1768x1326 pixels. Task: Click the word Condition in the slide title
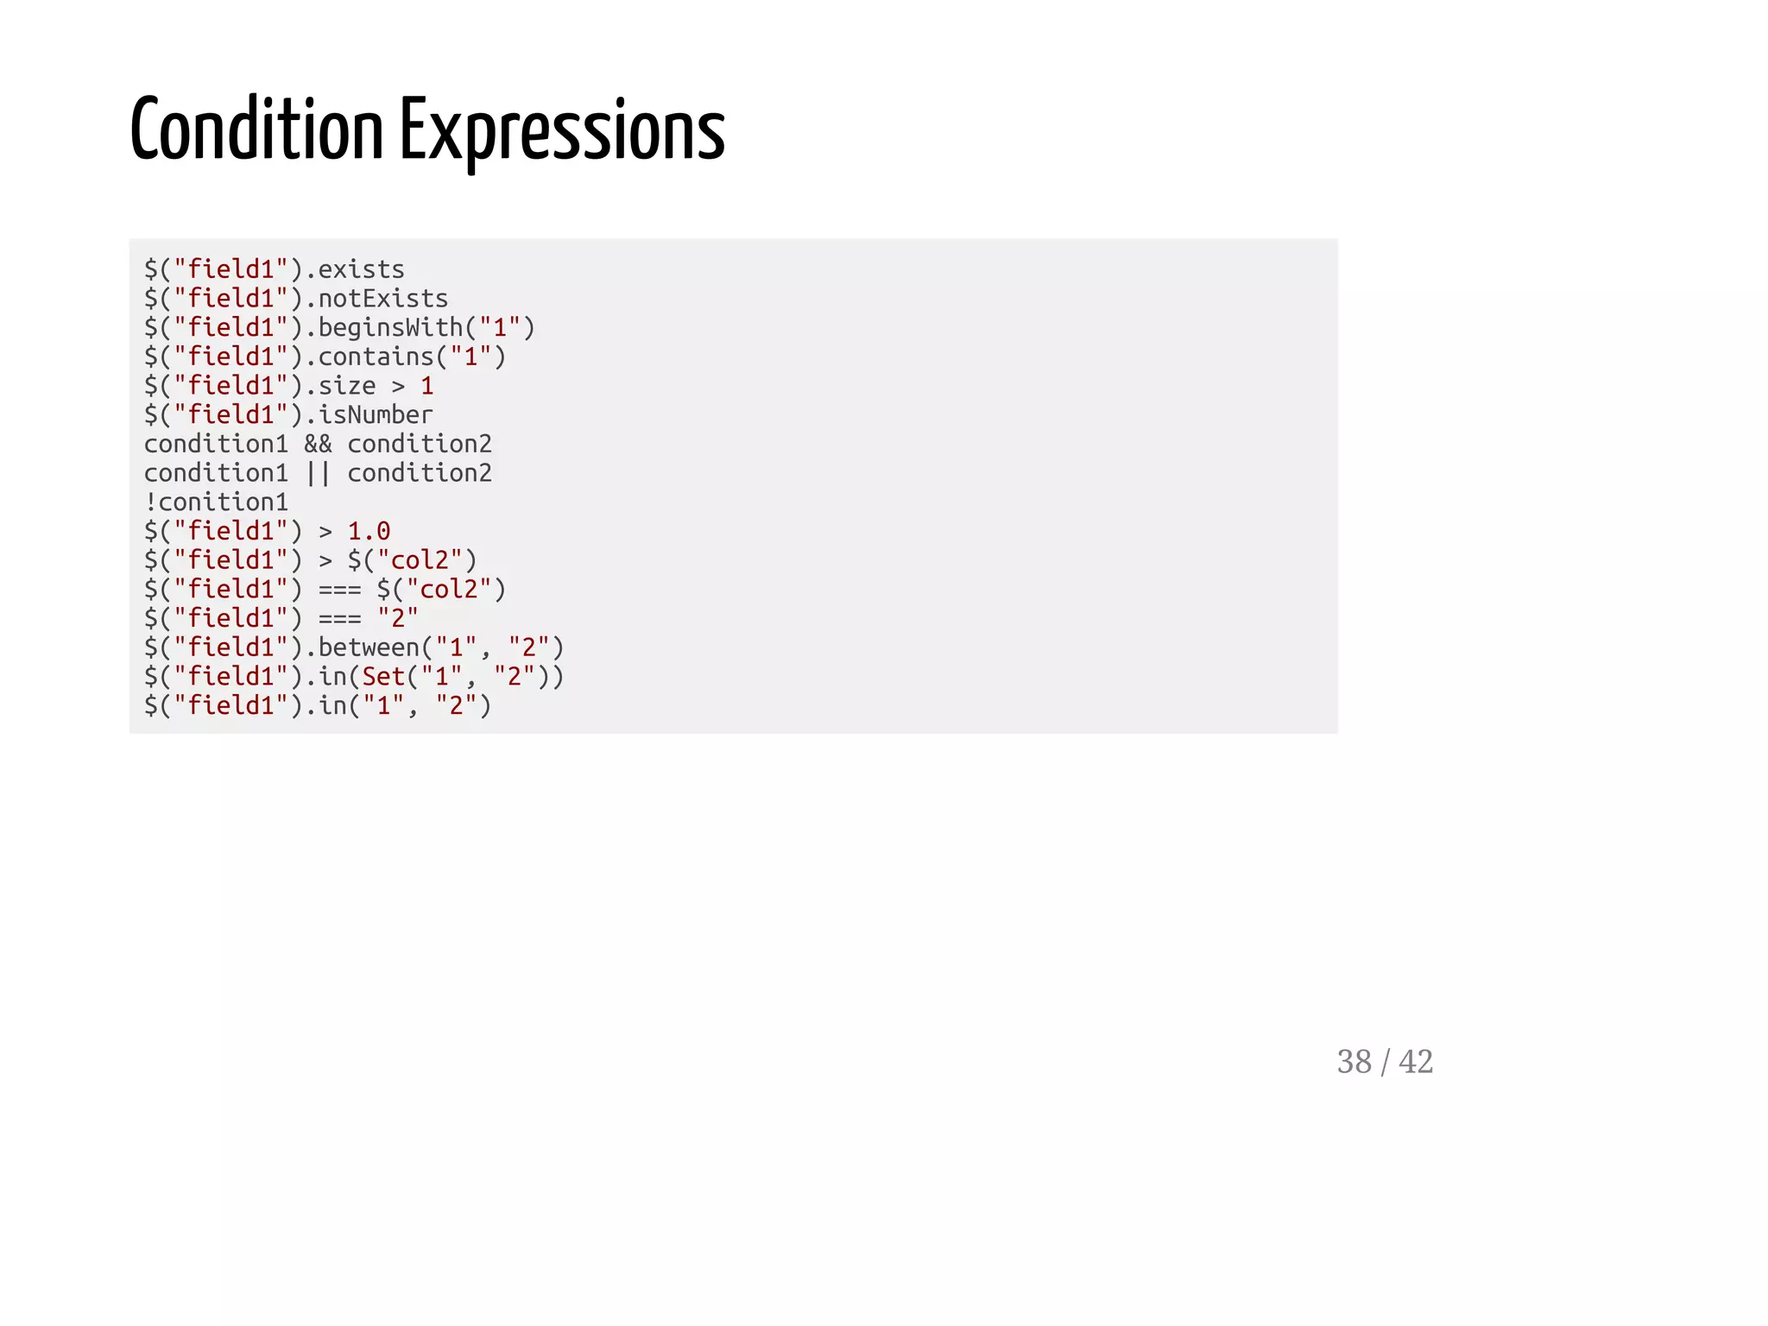click(x=256, y=131)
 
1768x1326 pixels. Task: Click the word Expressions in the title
click(x=562, y=131)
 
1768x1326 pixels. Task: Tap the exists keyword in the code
click(x=361, y=270)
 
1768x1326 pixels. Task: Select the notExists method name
click(x=383, y=299)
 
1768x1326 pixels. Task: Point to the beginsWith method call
click(x=391, y=328)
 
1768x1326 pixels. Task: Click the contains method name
click(x=376, y=357)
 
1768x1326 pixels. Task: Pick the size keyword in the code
click(x=347, y=386)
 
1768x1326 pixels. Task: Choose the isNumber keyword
click(x=376, y=415)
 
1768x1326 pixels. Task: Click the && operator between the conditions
click(x=318, y=445)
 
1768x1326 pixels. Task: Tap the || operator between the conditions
click(x=318, y=473)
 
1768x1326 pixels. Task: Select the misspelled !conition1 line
click(x=216, y=502)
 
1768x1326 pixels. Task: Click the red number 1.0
click(x=369, y=532)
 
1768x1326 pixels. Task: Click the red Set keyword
click(x=383, y=677)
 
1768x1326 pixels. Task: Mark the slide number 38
click(x=1354, y=1062)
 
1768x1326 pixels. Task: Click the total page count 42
click(x=1416, y=1062)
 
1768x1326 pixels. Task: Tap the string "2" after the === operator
click(x=398, y=618)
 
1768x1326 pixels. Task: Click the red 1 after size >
click(x=427, y=386)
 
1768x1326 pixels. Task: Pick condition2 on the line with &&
click(x=420, y=445)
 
